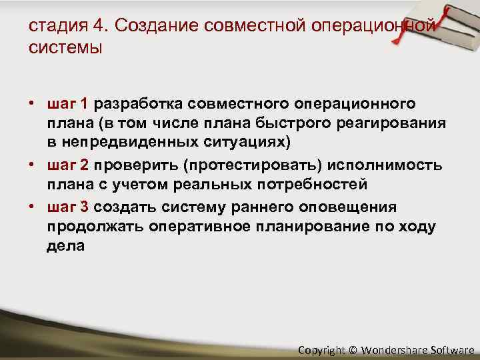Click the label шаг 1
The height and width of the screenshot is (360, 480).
point(68,105)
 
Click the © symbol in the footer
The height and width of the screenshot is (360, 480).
point(353,349)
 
